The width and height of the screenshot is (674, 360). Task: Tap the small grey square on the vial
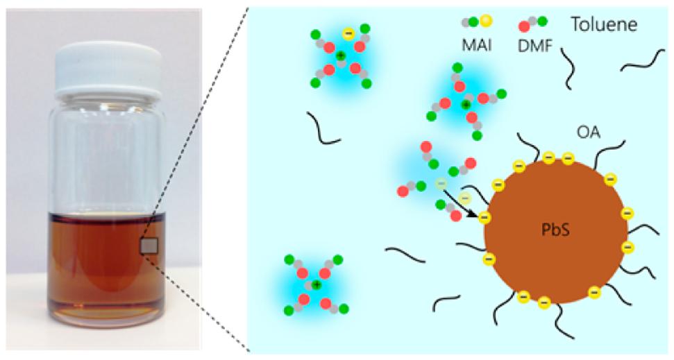[149, 246]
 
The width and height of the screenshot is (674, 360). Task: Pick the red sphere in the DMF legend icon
[523, 27]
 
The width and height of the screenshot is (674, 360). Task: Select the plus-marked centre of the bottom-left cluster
[317, 285]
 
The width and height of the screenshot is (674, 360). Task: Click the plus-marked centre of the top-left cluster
[340, 55]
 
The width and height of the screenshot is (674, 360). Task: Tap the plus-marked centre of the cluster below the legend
[466, 104]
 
